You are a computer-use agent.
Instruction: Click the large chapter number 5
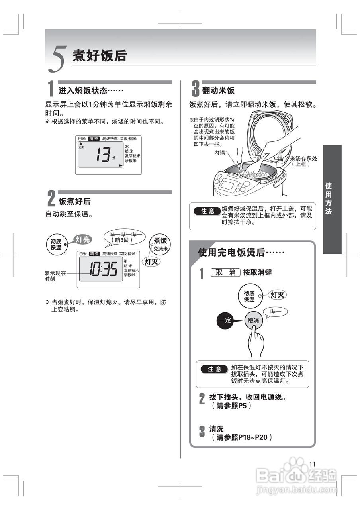pos(57,59)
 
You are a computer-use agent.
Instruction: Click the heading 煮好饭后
pos(99,56)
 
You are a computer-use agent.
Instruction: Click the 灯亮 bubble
pos(83,239)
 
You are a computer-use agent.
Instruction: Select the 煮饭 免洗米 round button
pos(160,243)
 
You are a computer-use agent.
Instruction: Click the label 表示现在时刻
pos(55,276)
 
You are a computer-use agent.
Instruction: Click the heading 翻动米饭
pos(218,90)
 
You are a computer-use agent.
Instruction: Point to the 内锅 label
pos(220,152)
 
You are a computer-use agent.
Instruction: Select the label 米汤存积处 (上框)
pos(303,161)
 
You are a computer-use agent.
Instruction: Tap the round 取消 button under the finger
pos(253,320)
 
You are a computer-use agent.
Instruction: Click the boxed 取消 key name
pos(225,273)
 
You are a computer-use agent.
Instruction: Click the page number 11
pos(312,464)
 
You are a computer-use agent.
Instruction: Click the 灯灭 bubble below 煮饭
pos(151,261)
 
